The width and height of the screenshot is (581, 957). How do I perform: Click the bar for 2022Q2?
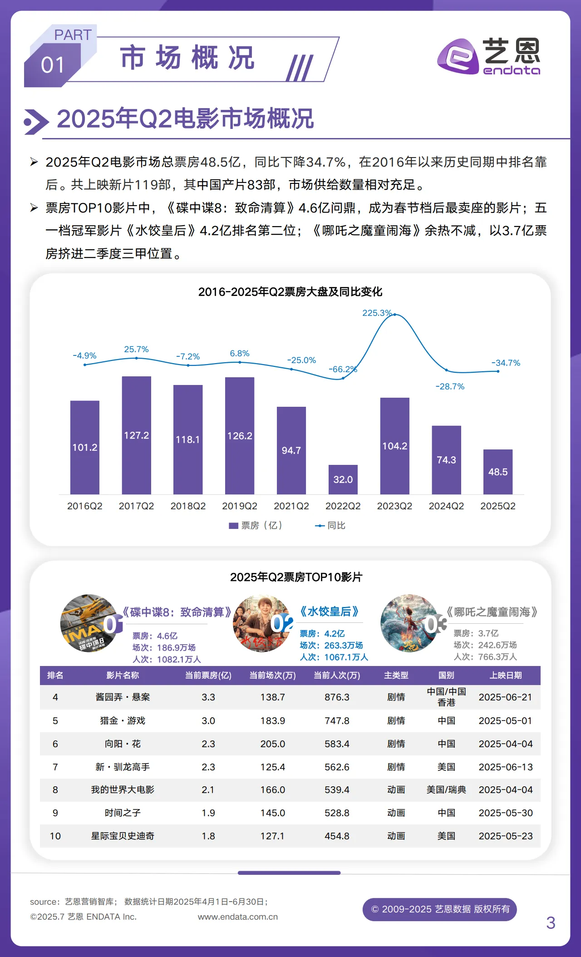click(343, 479)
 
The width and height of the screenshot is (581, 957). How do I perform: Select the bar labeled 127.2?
click(136, 435)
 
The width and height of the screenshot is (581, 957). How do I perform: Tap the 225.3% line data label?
click(376, 313)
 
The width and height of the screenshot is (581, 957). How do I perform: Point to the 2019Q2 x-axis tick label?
click(239, 506)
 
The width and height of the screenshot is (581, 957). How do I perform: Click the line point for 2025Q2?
click(498, 371)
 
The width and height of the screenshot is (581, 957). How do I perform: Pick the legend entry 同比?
click(330, 525)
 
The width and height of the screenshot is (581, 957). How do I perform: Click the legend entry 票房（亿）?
click(256, 525)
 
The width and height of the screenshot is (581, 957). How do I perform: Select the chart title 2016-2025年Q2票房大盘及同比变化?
click(290, 292)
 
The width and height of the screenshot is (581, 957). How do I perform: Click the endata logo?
click(488, 56)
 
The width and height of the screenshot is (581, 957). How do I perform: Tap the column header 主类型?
click(396, 676)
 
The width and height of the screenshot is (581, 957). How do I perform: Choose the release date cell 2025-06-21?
click(505, 697)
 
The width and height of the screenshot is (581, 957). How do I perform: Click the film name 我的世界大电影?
click(123, 789)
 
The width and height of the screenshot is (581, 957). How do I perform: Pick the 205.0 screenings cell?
click(272, 744)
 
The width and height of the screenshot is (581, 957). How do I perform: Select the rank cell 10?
click(55, 836)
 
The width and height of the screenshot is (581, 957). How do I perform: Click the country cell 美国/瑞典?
click(446, 789)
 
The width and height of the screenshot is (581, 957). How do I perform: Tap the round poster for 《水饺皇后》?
click(261, 623)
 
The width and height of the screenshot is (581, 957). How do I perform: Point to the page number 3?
click(551, 922)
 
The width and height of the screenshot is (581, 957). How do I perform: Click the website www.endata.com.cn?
click(237, 917)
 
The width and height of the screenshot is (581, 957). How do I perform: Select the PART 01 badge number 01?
click(53, 65)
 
